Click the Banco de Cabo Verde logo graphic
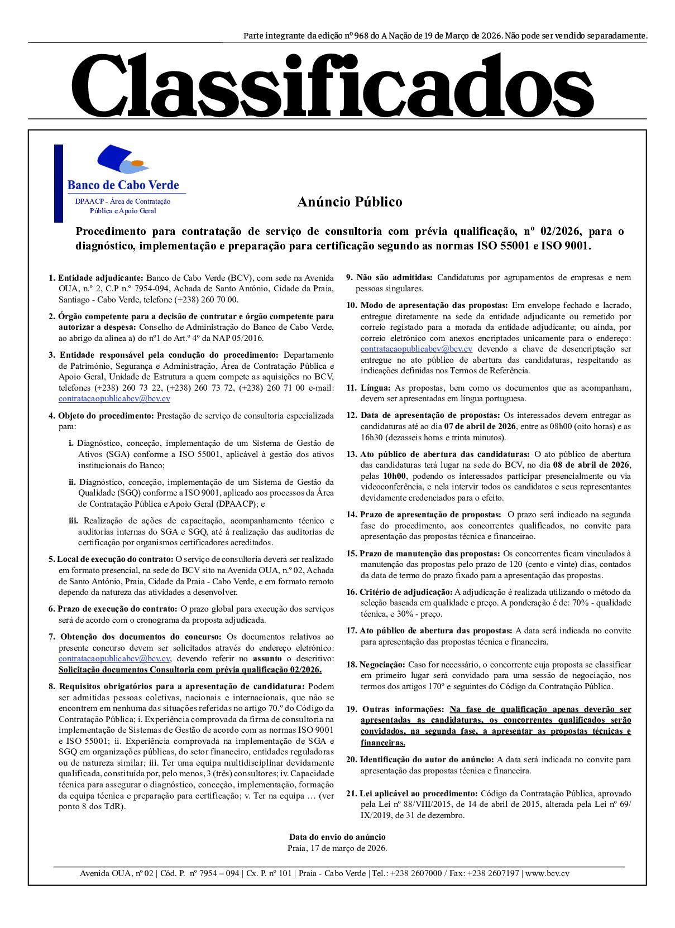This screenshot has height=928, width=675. (123, 158)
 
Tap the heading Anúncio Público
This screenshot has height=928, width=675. (350, 202)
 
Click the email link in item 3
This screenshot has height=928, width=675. (114, 398)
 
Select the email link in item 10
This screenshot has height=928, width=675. (416, 349)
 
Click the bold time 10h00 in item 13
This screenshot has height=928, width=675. (395, 476)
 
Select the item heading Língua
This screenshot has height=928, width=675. (376, 388)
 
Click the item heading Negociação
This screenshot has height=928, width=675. (382, 665)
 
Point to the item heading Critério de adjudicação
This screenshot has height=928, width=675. (406, 592)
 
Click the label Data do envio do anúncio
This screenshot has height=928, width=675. (337, 837)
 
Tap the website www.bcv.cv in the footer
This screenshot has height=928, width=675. (547, 874)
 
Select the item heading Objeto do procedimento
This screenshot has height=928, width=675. (106, 416)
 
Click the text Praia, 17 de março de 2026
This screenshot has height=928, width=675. (337, 848)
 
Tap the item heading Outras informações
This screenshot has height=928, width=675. (403, 709)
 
